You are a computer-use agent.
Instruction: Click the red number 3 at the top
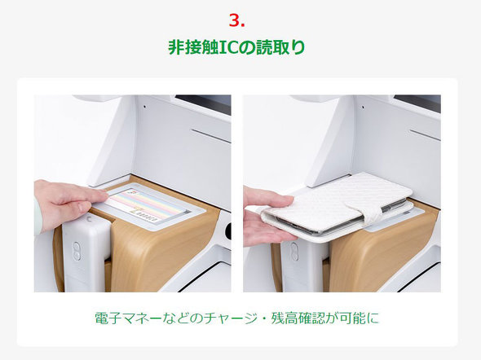(235, 20)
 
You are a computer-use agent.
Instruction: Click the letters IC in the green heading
(229, 47)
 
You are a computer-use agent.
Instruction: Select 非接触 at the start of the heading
(193, 47)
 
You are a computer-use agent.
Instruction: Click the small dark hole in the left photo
(145, 107)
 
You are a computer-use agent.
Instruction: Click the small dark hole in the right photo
(363, 108)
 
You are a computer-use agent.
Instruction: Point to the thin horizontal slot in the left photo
(211, 136)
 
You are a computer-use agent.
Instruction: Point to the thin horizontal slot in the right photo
(426, 135)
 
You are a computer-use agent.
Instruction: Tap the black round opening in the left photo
(228, 231)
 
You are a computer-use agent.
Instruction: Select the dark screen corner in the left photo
(204, 103)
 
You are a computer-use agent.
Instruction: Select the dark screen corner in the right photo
(417, 102)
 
